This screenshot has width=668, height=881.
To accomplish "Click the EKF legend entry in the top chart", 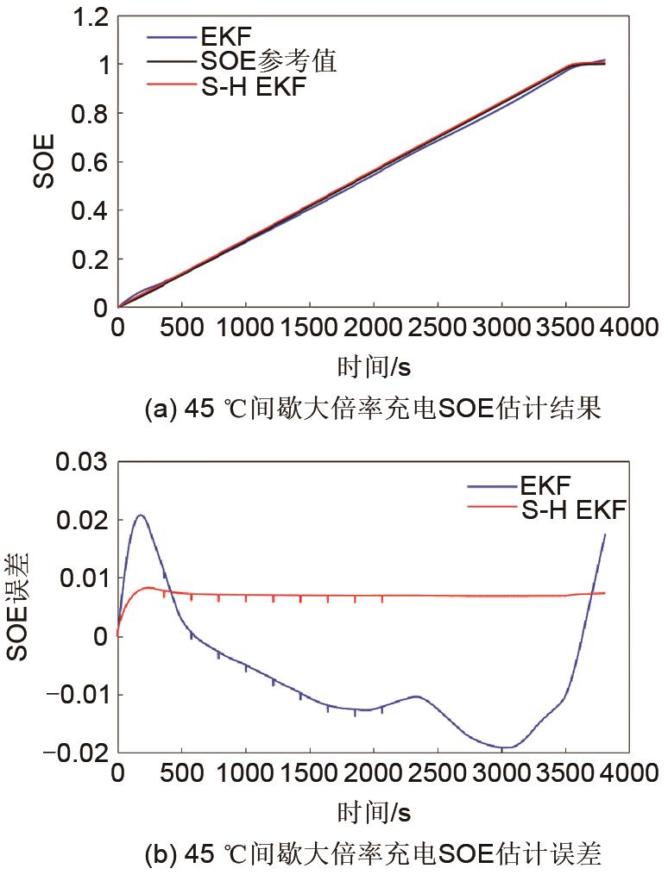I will pos(219,37).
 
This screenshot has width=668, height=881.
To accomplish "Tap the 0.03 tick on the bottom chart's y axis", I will pos(83,462).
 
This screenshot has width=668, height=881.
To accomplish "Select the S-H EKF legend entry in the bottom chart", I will pos(574,510).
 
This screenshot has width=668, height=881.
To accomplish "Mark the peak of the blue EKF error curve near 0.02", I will pos(140,515).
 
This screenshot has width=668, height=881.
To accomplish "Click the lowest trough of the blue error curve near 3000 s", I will pos(509,747).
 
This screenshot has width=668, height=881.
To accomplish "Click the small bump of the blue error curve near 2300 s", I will pos(416,697).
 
